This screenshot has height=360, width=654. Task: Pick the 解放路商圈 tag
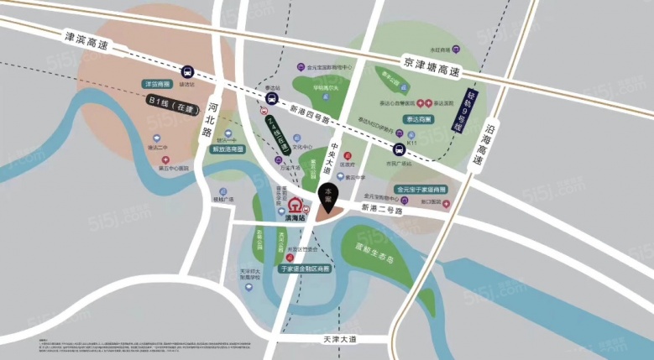(228, 149)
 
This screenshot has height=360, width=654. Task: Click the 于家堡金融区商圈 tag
(309, 269)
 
